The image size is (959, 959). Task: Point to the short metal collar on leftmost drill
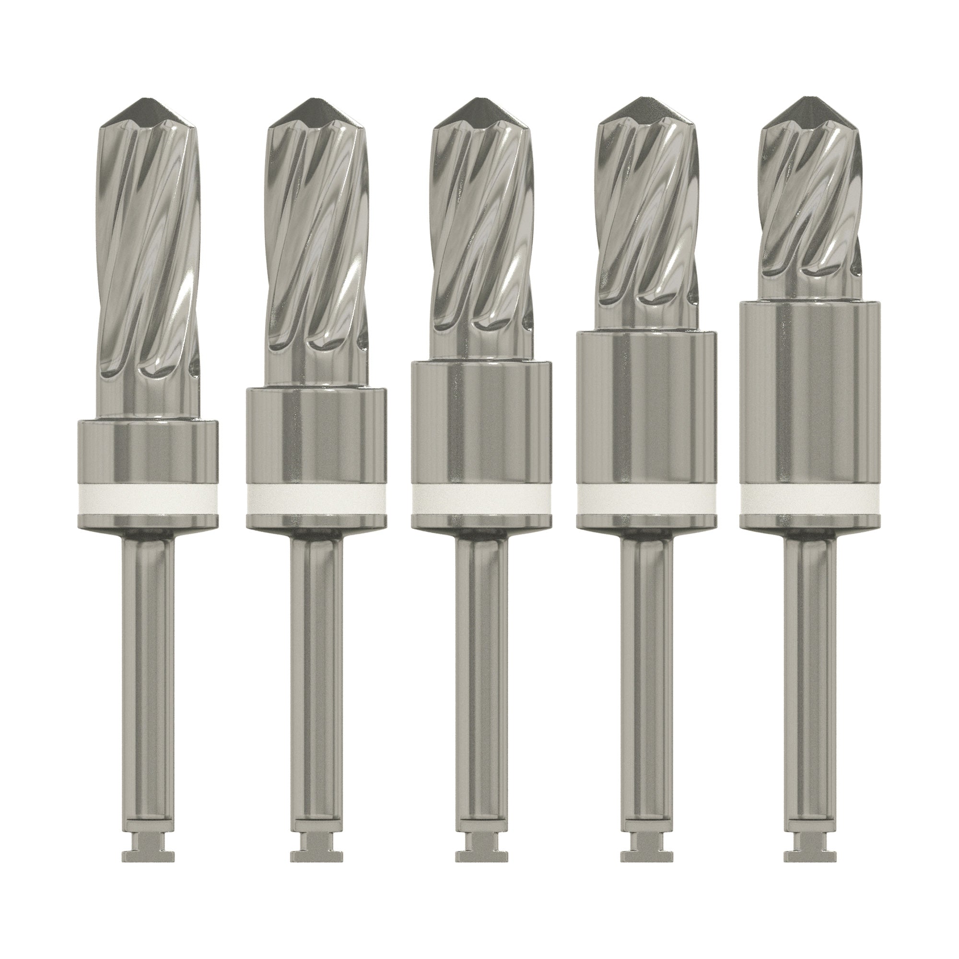pyautogui.click(x=148, y=452)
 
